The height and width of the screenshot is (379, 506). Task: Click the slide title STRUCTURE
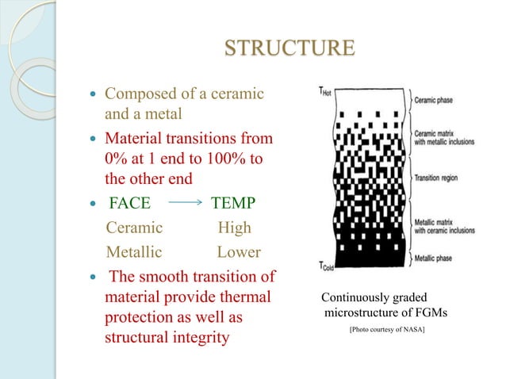pyautogui.click(x=289, y=48)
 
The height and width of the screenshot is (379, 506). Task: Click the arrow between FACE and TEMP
pyautogui.click(x=187, y=202)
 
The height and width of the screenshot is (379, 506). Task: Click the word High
pyautogui.click(x=234, y=228)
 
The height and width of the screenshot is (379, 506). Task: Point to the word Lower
pyautogui.click(x=238, y=253)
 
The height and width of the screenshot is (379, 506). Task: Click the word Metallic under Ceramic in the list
pyautogui.click(x=135, y=253)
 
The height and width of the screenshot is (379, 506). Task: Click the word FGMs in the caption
pyautogui.click(x=429, y=314)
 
